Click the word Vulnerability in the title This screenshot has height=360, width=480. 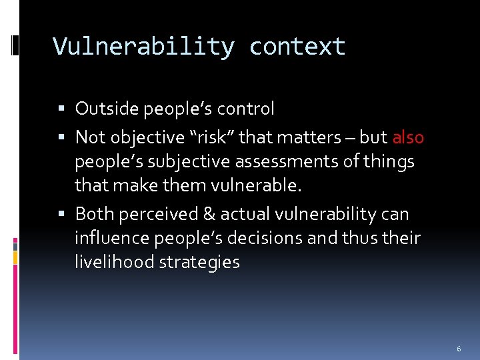(x=143, y=47)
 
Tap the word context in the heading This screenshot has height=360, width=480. (x=297, y=47)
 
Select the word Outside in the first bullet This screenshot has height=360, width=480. (x=104, y=109)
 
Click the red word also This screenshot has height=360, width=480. (x=408, y=137)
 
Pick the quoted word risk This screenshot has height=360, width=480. (x=212, y=137)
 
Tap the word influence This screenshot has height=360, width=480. (x=109, y=238)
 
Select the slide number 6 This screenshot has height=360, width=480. (x=459, y=349)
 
